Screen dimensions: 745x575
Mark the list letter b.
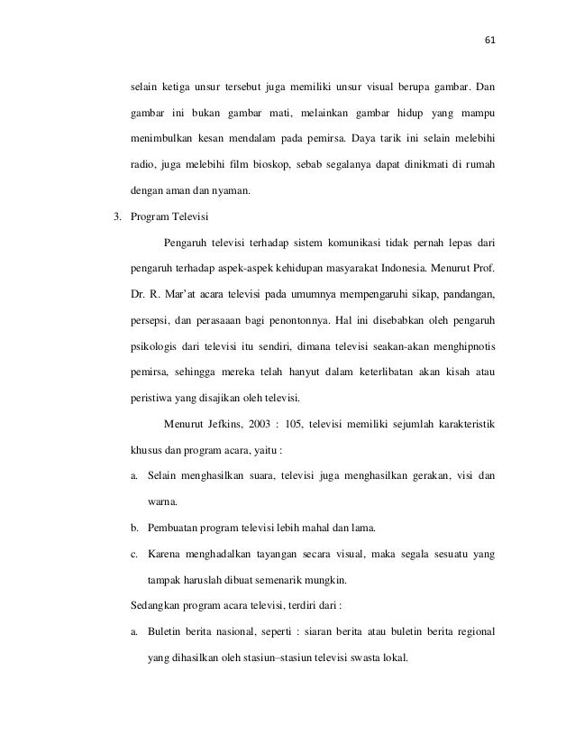coord(134,527)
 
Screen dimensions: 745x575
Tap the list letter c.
coord(134,553)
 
